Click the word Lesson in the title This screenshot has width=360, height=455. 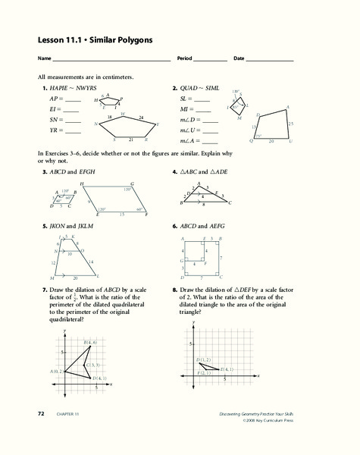pos(51,39)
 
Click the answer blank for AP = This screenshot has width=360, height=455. pos(73,99)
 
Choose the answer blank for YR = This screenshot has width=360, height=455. pos(73,131)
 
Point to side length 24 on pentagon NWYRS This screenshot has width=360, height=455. pos(141,118)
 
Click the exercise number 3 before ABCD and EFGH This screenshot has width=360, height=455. pos(45,173)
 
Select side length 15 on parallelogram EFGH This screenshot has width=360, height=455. pos(121,215)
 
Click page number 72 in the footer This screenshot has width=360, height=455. pos(41,413)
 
